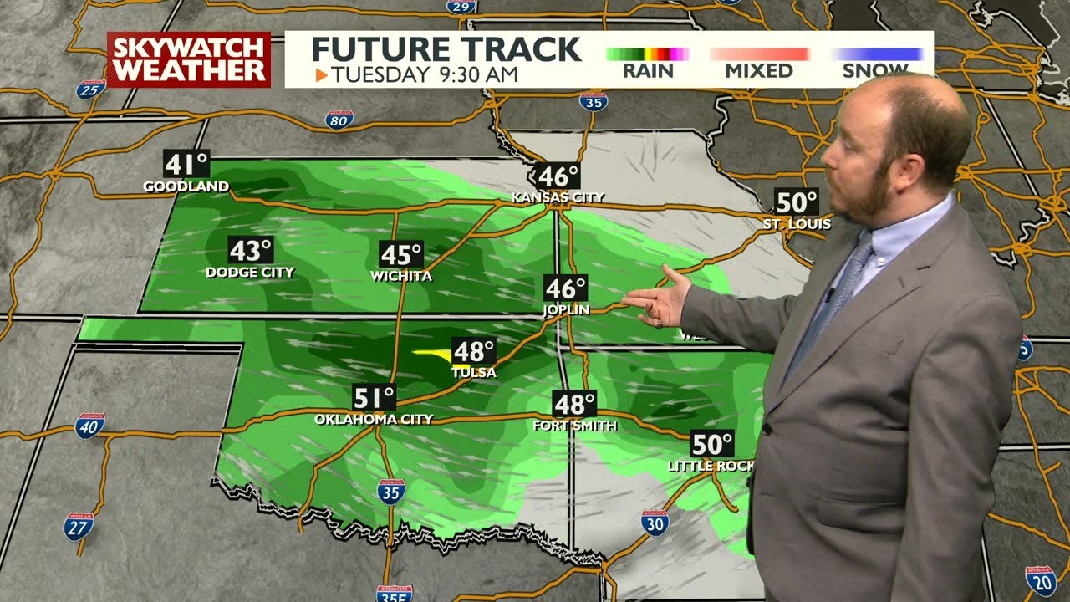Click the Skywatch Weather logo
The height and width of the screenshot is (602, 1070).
[x=189, y=59]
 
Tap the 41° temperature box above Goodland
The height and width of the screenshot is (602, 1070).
[x=186, y=164]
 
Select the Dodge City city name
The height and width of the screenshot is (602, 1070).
[x=250, y=272]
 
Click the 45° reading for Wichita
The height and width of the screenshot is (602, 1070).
[x=401, y=254]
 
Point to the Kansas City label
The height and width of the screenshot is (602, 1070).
[x=558, y=197]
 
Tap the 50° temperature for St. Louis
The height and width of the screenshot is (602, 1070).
[x=796, y=202]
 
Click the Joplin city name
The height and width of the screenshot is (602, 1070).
[x=566, y=309]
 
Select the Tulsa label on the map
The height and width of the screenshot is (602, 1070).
[x=474, y=372]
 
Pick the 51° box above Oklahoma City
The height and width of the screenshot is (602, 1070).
[x=374, y=397]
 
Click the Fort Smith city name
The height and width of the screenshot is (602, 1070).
[x=575, y=426]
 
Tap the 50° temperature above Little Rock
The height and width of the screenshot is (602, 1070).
[x=711, y=443]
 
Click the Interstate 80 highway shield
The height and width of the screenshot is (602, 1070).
[x=339, y=119]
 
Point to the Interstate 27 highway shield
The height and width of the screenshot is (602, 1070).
[x=79, y=526]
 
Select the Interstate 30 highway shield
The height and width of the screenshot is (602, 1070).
[x=655, y=523]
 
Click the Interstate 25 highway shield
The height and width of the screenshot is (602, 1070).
[x=90, y=89]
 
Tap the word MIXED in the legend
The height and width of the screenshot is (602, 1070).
[x=759, y=71]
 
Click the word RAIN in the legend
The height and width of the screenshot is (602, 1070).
[x=648, y=71]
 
